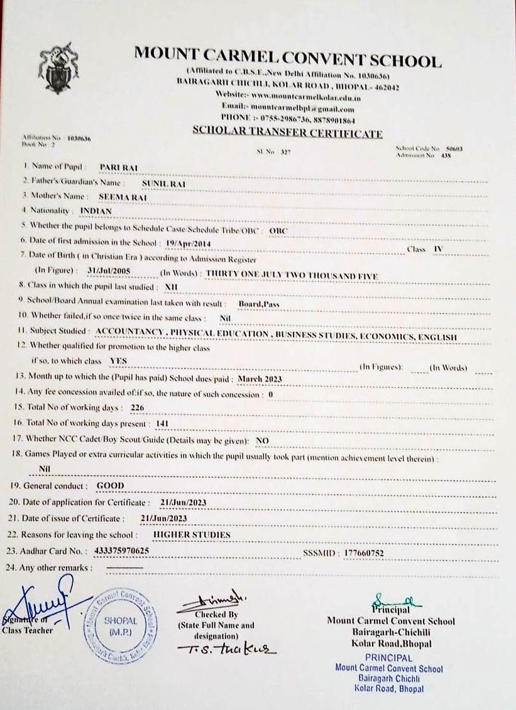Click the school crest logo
59,68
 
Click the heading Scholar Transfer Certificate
287,133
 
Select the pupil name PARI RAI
119,168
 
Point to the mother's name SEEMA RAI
122,196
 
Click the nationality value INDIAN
96,211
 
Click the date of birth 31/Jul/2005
104,271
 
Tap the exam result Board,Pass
258,303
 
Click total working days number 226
137,408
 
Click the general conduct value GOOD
110,486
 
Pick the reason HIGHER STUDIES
192,535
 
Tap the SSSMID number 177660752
364,553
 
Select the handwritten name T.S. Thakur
227,649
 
